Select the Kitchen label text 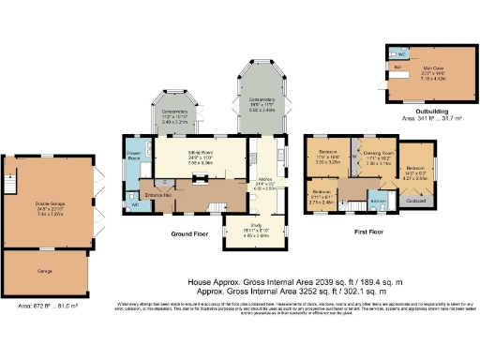pos(265,177)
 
